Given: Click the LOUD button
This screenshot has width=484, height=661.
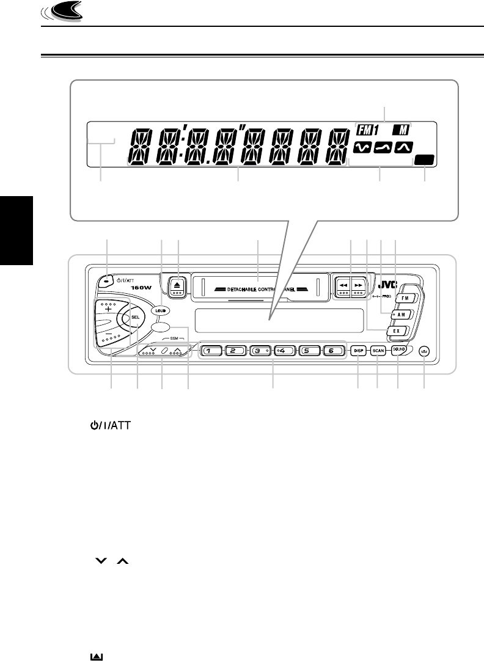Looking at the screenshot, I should pos(162,310).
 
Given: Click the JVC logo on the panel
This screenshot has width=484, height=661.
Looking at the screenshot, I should pos(388,285).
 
